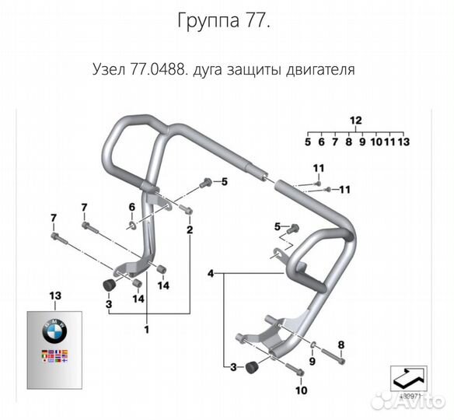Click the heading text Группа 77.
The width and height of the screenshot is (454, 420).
[x=225, y=22]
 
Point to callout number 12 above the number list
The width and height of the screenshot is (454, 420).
[x=356, y=120]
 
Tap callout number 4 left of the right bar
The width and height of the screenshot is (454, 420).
[x=210, y=274]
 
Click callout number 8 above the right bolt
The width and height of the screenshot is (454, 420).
[x=340, y=344]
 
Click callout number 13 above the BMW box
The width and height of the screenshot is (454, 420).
[x=54, y=296]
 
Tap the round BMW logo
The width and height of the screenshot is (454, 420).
[x=54, y=331]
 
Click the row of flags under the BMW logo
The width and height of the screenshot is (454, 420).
[x=54, y=358]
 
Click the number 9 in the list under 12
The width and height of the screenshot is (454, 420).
[x=362, y=142]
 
